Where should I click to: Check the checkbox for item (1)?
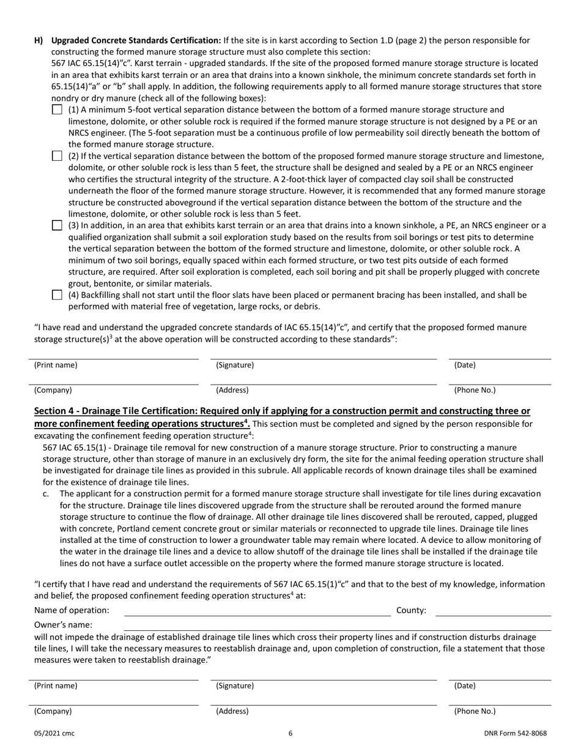click(x=57, y=110)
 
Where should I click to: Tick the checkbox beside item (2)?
click(x=57, y=156)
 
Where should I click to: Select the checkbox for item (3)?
click(x=57, y=226)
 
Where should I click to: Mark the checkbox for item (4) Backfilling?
click(x=57, y=295)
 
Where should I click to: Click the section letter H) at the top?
click(x=39, y=41)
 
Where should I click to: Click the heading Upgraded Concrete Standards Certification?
click(x=136, y=41)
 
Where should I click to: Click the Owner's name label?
click(x=64, y=625)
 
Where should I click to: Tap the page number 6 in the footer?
click(x=290, y=733)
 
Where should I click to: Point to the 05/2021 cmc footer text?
click(x=54, y=733)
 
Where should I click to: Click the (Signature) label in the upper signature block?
click(x=235, y=365)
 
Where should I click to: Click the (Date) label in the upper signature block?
click(x=465, y=365)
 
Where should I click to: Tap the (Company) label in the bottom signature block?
click(x=53, y=711)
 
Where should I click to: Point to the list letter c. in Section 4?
click(x=46, y=493)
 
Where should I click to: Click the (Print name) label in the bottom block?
click(x=56, y=686)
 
